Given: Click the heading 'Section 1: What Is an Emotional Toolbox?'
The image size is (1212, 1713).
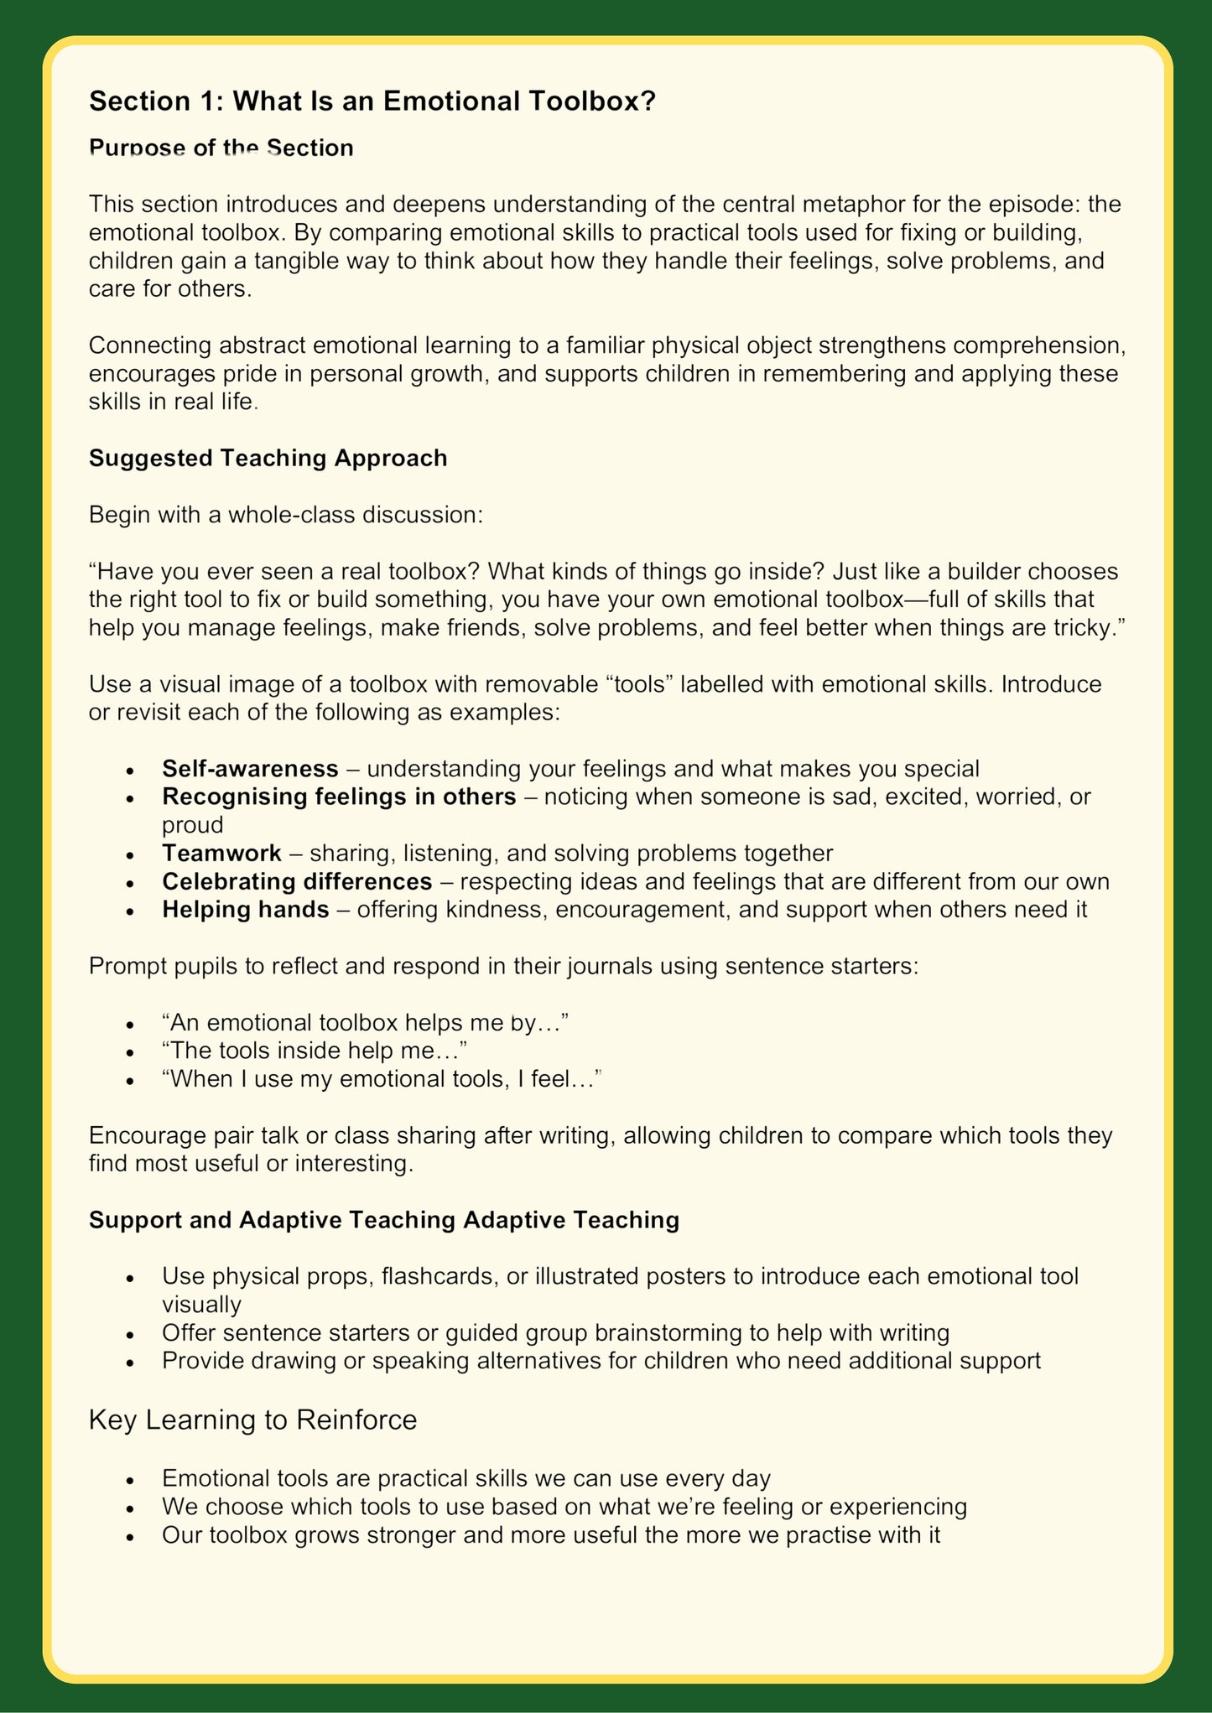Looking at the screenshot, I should coord(372,101).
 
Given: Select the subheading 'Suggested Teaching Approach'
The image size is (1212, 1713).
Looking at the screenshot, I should coord(268,458).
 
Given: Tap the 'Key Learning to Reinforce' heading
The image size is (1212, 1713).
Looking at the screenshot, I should coord(252,1420).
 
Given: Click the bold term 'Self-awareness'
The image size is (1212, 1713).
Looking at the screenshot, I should coord(250,768).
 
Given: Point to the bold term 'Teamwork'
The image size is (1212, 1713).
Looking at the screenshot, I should coord(221,853).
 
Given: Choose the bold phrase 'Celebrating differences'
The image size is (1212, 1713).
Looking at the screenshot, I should coord(297,881).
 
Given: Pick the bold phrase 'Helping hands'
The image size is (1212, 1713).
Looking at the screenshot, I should coord(245,910).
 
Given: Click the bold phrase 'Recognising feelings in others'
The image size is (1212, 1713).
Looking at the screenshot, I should coord(339,796).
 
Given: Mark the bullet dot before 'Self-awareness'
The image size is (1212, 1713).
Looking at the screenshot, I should coord(129,770).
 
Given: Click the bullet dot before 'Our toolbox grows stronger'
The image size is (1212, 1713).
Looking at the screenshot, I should coord(129,1536).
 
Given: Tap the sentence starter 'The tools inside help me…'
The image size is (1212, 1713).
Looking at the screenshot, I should coord(315,1050).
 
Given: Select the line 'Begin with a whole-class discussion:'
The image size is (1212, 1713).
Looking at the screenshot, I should coord(286,514).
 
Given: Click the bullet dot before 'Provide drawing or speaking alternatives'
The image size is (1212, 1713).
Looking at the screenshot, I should coord(129,1362).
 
